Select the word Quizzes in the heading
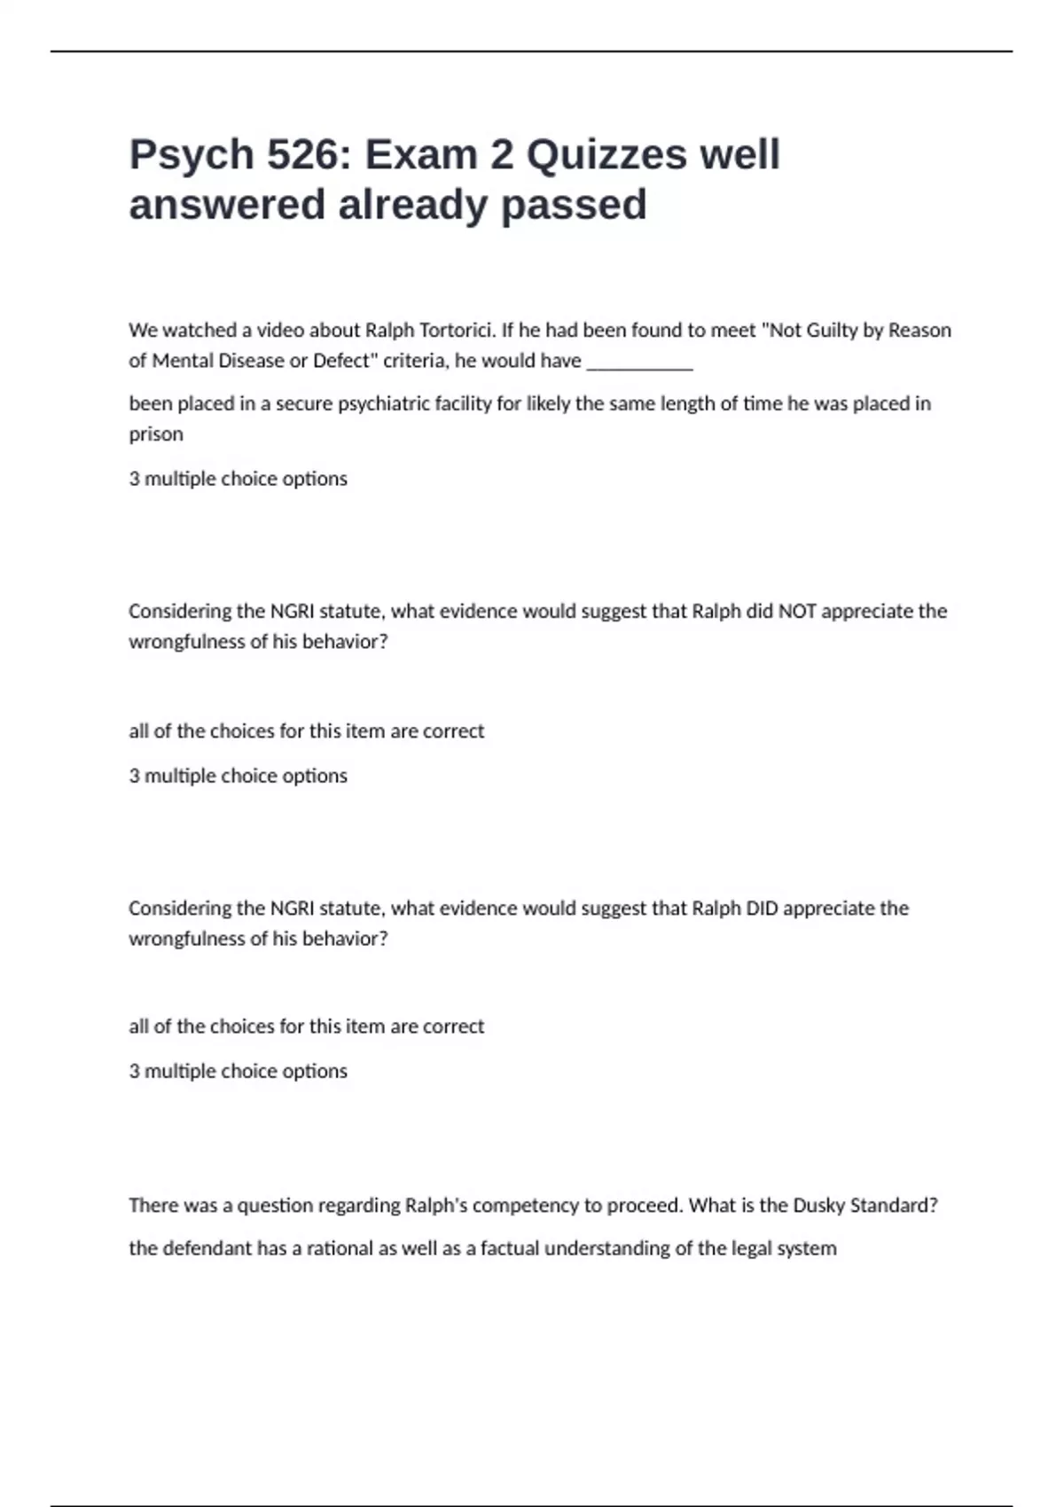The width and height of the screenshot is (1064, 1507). point(606,155)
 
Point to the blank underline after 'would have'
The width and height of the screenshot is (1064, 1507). point(639,362)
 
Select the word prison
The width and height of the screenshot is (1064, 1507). point(156,434)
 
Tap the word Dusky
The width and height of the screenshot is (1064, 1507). point(818,1206)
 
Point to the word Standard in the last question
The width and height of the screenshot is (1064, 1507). point(893,1206)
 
